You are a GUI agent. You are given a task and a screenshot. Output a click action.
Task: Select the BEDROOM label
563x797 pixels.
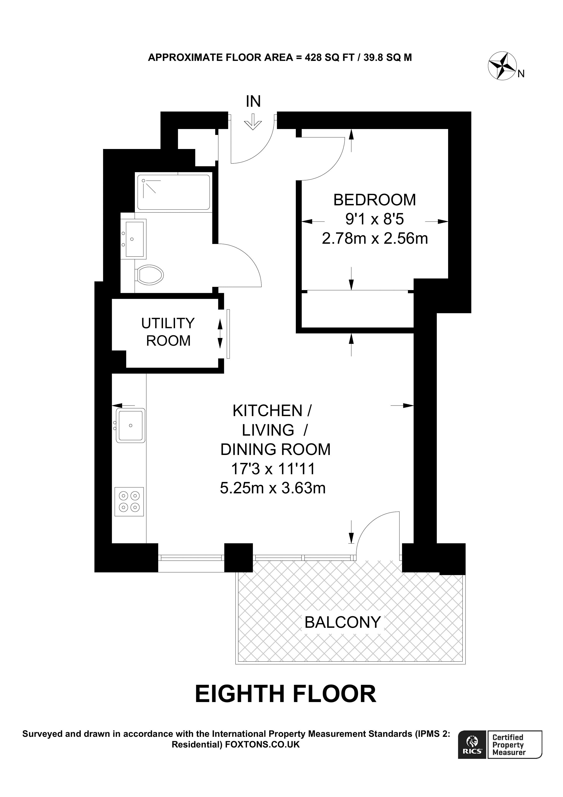pyautogui.click(x=374, y=200)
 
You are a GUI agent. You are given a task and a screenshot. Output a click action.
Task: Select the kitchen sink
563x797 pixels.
pyautogui.click(x=131, y=426)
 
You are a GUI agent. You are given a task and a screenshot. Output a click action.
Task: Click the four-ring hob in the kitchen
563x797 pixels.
pyautogui.click(x=129, y=502)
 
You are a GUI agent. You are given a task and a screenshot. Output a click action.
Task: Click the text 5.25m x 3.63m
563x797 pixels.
pyautogui.click(x=273, y=488)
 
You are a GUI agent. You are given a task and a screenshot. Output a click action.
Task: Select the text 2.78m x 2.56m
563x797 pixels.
pyautogui.click(x=375, y=238)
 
